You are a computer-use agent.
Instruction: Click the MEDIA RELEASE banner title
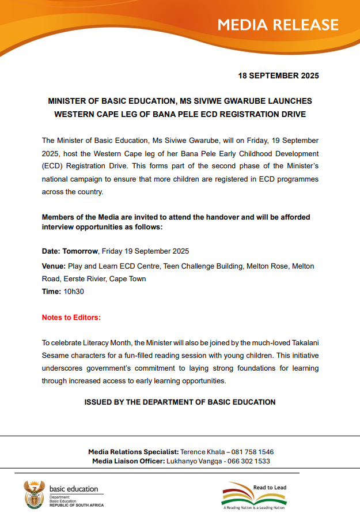(278, 25)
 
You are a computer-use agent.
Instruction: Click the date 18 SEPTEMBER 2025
(278, 76)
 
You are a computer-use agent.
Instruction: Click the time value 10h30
(74, 292)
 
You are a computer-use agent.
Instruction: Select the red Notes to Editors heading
(71, 318)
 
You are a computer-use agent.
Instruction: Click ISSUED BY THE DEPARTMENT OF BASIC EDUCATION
(180, 402)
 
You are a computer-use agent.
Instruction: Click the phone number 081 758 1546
(250, 452)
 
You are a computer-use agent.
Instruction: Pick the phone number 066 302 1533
(247, 461)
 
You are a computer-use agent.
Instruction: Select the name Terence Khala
(202, 452)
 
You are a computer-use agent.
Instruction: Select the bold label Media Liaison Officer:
(128, 461)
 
